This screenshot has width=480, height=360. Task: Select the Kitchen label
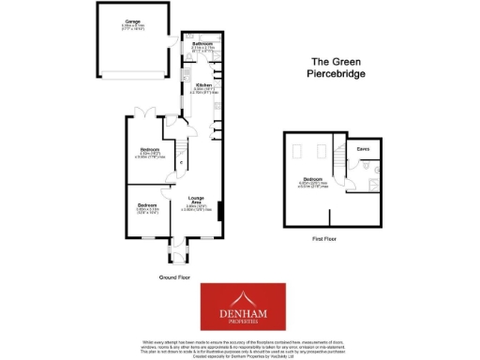203,84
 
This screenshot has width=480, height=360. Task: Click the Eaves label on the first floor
362,148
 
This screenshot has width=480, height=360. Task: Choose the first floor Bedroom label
311,178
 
